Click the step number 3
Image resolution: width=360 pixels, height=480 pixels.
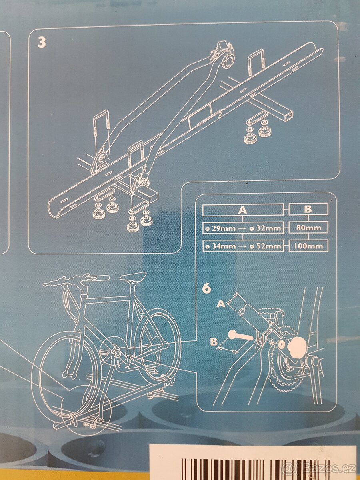(x=42, y=42)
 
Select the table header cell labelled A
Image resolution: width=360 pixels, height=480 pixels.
(x=243, y=210)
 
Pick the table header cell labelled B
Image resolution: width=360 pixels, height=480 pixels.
(x=308, y=209)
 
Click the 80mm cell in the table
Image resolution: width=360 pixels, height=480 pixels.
(x=308, y=228)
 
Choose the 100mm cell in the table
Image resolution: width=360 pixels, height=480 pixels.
(x=308, y=246)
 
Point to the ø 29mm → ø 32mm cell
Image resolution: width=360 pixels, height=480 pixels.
(x=243, y=228)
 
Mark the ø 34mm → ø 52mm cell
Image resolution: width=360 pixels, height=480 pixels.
(x=243, y=246)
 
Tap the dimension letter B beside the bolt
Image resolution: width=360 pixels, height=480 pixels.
(x=214, y=341)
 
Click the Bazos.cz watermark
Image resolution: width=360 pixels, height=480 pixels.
(x=321, y=468)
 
